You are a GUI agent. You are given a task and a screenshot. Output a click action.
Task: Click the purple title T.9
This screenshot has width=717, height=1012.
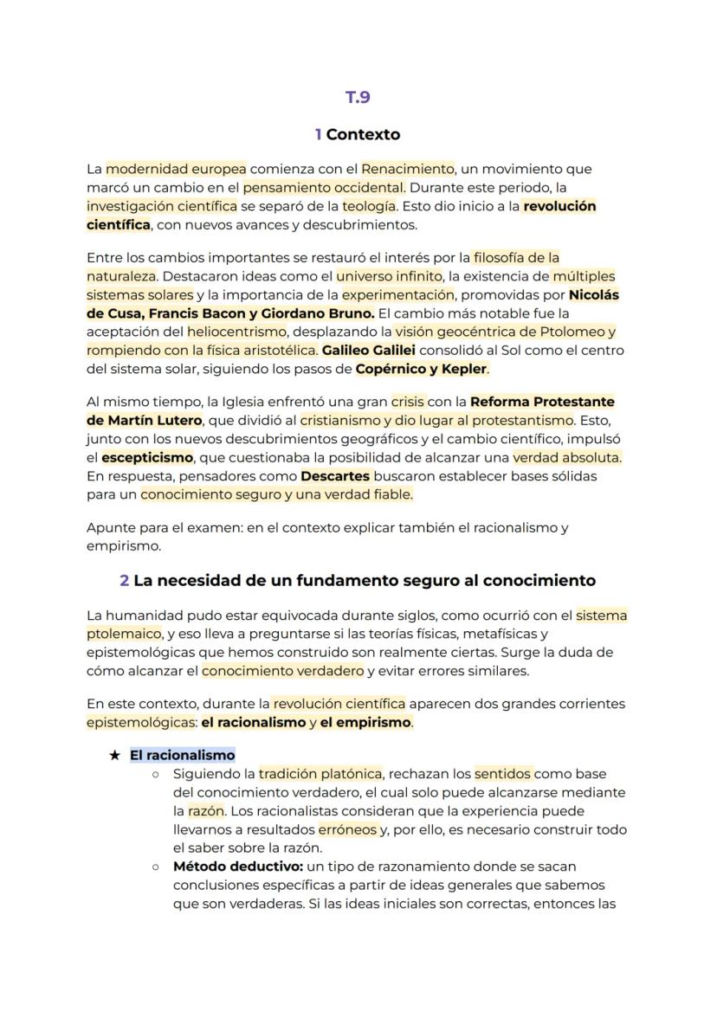coord(358,97)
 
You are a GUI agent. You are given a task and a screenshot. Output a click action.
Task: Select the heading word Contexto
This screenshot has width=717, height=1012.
coord(363,134)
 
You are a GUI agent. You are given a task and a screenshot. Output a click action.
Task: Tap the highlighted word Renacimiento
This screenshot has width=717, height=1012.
coord(407,168)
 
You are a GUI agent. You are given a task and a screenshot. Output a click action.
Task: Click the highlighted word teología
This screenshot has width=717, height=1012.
coord(369,206)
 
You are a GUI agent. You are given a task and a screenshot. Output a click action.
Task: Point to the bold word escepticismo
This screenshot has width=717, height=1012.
coord(147,458)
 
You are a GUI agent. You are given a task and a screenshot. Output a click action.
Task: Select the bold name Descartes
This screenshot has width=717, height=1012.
coord(335,476)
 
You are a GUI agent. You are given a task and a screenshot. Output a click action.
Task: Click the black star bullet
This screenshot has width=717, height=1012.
coord(114,755)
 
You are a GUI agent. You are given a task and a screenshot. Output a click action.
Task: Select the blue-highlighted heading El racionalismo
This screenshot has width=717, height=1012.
coord(182,755)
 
